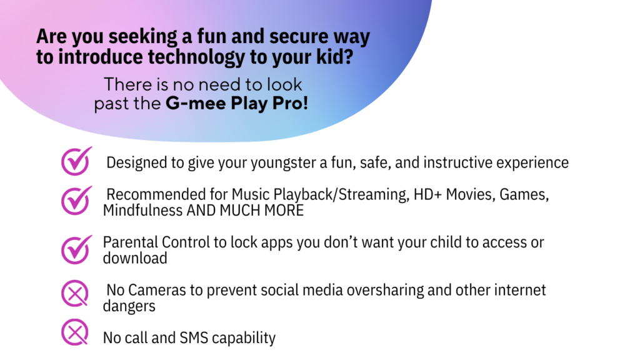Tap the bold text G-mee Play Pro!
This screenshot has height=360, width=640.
[x=237, y=103]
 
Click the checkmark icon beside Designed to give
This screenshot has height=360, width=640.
[x=76, y=161]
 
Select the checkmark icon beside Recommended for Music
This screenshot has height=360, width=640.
[x=76, y=200]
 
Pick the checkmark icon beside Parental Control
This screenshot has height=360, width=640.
[x=76, y=248]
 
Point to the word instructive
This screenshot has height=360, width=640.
[x=459, y=162]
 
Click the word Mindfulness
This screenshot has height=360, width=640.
[x=142, y=211]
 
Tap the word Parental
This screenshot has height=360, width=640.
[x=130, y=242]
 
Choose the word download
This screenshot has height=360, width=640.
[x=134, y=257]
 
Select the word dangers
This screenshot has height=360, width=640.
[x=129, y=306]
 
